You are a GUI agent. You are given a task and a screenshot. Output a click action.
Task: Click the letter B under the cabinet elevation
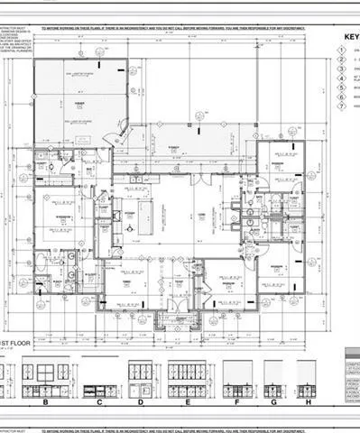pyautogui.click(x=44, y=402)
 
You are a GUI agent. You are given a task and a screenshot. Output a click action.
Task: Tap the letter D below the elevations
pyautogui.click(x=141, y=402)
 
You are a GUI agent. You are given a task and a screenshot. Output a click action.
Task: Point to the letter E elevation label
pyautogui.click(x=187, y=402)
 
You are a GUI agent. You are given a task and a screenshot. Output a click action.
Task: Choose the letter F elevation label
pyautogui.click(x=236, y=402)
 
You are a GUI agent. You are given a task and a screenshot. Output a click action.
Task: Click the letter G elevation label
pyautogui.click(x=274, y=402)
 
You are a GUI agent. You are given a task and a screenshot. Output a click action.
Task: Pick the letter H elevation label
pyautogui.click(x=308, y=402)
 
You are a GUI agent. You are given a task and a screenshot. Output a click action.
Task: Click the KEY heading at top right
pyautogui.click(x=350, y=38)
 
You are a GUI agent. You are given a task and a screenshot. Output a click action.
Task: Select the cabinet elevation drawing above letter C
pyautogui.click(x=97, y=377)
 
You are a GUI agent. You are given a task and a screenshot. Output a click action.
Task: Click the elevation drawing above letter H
pyautogui.click(x=307, y=377)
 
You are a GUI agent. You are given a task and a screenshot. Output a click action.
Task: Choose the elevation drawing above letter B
pyautogui.click(x=44, y=377)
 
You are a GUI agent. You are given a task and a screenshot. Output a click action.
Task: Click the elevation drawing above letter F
pyautogui.click(x=237, y=377)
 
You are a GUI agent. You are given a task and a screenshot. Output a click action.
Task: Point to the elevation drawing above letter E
pyautogui.click(x=187, y=377)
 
